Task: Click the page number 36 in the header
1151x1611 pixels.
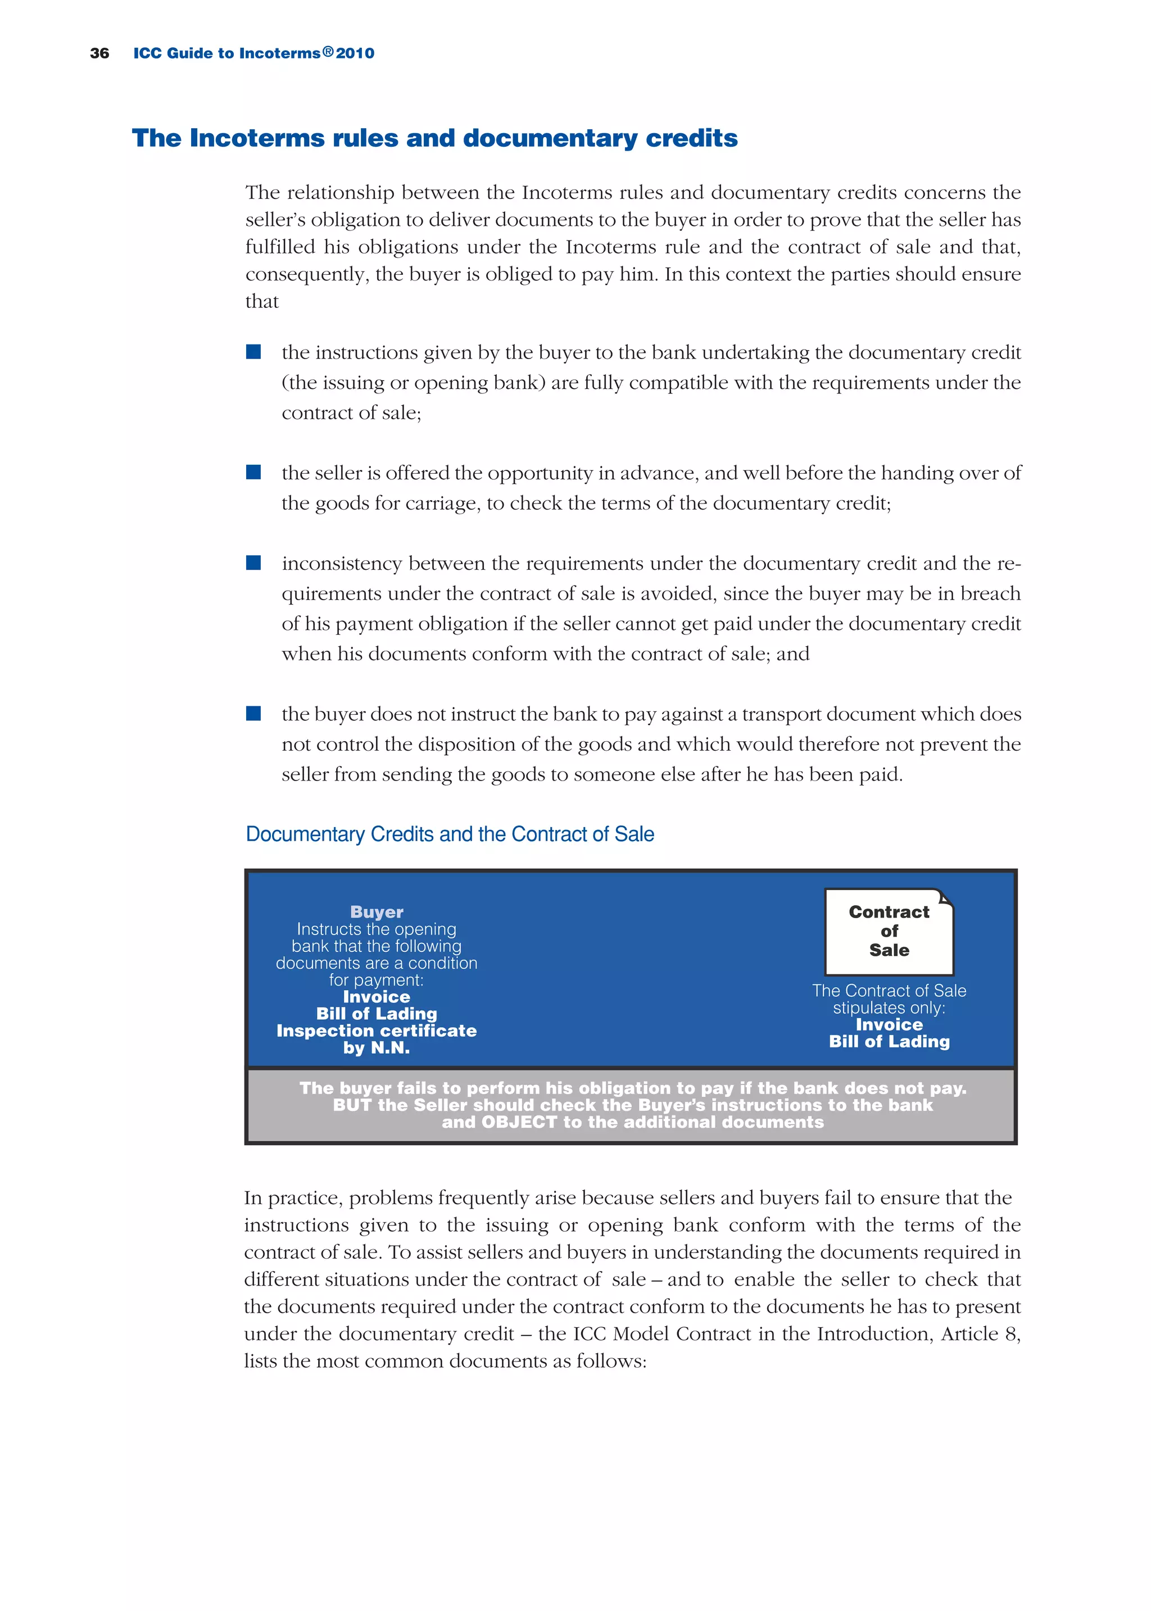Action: click(x=99, y=53)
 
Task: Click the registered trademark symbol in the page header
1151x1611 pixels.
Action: click(x=328, y=52)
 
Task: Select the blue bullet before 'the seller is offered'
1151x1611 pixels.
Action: click(x=253, y=473)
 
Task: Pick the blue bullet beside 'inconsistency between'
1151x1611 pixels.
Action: click(x=253, y=563)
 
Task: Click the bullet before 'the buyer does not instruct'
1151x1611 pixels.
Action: click(x=253, y=714)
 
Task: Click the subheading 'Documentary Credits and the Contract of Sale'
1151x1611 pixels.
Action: click(x=450, y=834)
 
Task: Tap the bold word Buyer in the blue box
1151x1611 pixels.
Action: click(x=377, y=912)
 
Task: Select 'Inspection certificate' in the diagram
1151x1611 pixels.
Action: click(x=377, y=1031)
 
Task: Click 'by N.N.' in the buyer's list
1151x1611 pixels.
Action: click(x=377, y=1048)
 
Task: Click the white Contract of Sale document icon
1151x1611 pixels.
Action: click(x=889, y=932)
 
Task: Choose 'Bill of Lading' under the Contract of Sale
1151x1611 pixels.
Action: click(x=889, y=1041)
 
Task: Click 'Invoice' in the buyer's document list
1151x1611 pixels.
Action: click(x=377, y=997)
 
